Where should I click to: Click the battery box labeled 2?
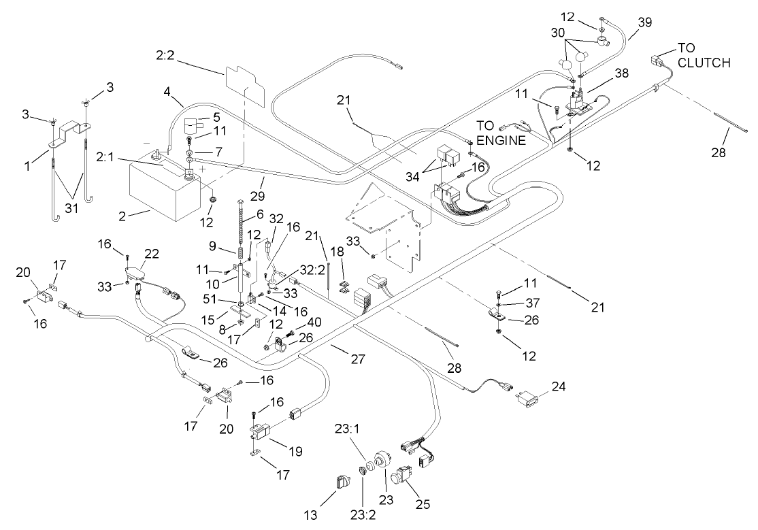pos(163,187)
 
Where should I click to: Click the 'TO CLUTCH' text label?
pos(703,56)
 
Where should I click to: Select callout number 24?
pos(559,386)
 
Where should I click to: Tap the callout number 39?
pos(644,22)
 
